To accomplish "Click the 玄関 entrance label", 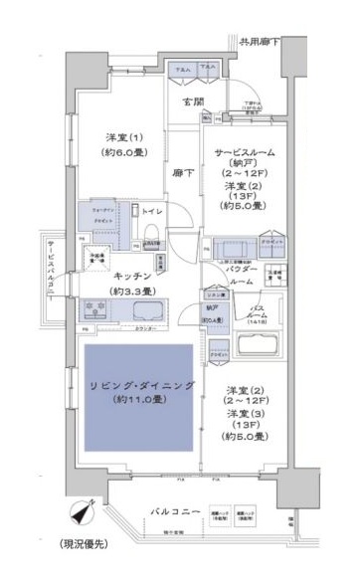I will [x=192, y=100].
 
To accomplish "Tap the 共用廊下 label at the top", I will [x=260, y=43].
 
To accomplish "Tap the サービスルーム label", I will [x=244, y=153].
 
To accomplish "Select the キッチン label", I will [x=132, y=276].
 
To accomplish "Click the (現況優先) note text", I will [x=82, y=570].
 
